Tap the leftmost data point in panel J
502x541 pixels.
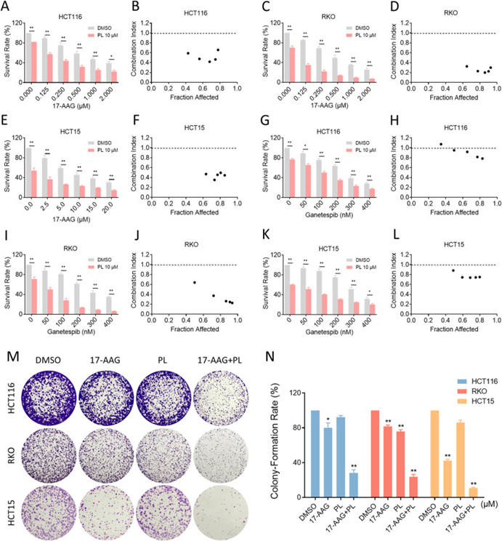pyautogui.click(x=194, y=282)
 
